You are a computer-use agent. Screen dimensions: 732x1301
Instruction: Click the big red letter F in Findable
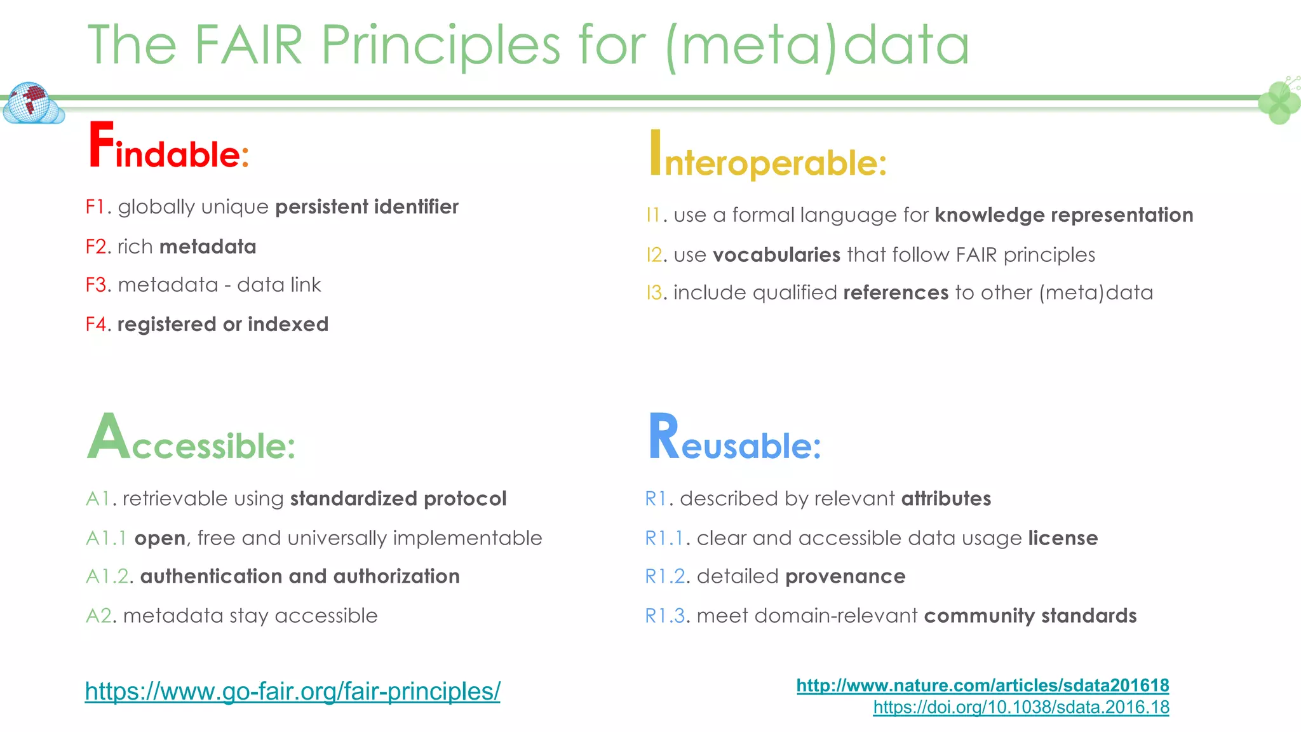pos(101,146)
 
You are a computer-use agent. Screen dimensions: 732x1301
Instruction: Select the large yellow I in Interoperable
pos(655,152)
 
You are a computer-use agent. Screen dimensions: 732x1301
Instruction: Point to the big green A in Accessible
pos(108,437)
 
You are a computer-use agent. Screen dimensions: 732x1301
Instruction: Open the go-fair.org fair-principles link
pos(292,691)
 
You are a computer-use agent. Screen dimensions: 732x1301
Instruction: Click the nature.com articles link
pos(982,686)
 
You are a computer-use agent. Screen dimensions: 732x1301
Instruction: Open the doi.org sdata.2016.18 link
pos(1020,707)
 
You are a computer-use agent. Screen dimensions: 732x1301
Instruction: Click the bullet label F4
pos(98,325)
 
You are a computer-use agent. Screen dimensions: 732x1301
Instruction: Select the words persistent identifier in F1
pos(367,207)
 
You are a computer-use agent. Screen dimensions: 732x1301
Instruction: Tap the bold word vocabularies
pos(776,255)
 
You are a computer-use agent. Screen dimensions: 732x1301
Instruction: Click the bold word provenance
pos(845,577)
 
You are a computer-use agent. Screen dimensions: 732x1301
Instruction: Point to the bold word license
pos(1062,538)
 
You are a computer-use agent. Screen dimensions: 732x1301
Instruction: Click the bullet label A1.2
pos(109,577)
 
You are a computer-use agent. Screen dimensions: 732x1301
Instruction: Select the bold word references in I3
pos(895,293)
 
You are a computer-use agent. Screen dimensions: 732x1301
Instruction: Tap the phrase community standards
pos(1030,616)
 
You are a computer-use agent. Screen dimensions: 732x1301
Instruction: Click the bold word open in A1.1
pos(159,539)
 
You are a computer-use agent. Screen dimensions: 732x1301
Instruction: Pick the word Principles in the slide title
pos(440,45)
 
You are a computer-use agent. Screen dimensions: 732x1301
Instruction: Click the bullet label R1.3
pos(665,616)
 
